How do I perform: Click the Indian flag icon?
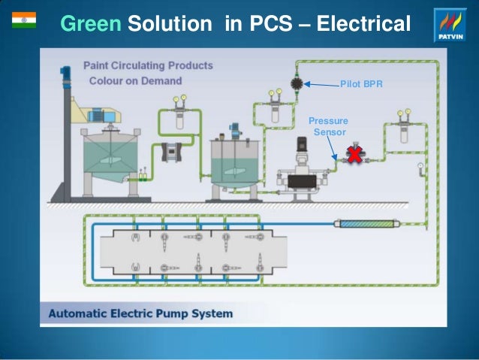pyautogui.click(x=24, y=20)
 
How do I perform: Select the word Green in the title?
pyautogui.click(x=90, y=24)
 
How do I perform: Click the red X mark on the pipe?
pyautogui.click(x=351, y=156)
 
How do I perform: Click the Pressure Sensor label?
pyautogui.click(x=329, y=126)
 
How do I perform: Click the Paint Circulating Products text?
pyautogui.click(x=147, y=65)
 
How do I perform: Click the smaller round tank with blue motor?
pyautogui.click(x=234, y=161)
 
